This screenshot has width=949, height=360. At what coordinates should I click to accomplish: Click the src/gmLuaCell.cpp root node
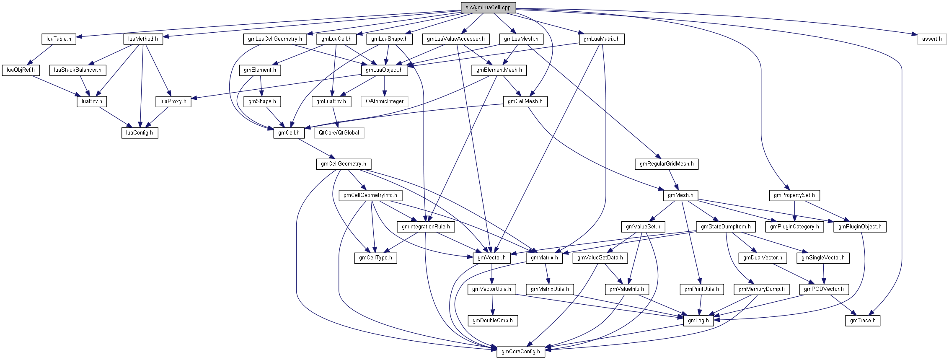tap(488, 8)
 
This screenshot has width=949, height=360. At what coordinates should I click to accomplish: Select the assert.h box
tap(931, 39)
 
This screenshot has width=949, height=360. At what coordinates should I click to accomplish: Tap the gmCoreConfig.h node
tap(520, 352)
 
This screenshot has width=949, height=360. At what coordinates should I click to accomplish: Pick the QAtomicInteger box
tap(384, 101)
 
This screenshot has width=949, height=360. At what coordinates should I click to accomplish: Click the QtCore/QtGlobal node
tap(339, 133)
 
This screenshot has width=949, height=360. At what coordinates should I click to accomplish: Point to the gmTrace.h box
tap(863, 321)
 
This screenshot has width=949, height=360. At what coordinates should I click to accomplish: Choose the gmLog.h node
tap(698, 321)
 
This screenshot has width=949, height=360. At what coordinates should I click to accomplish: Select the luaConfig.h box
tap(140, 133)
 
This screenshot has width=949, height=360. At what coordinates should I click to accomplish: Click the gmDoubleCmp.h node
tap(492, 321)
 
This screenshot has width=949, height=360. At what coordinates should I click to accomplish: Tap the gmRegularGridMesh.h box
tap(666, 164)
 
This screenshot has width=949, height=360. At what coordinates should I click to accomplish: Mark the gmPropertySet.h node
tap(794, 195)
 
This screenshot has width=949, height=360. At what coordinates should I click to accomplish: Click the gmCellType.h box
tap(375, 258)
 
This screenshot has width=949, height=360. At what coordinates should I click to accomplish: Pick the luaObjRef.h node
tap(21, 70)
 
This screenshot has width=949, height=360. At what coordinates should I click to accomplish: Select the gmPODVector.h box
tap(824, 289)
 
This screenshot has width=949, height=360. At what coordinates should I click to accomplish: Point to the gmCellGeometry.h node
tap(343, 164)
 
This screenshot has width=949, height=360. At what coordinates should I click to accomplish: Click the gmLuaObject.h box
tap(384, 70)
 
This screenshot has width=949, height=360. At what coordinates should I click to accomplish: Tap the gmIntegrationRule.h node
tap(426, 227)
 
